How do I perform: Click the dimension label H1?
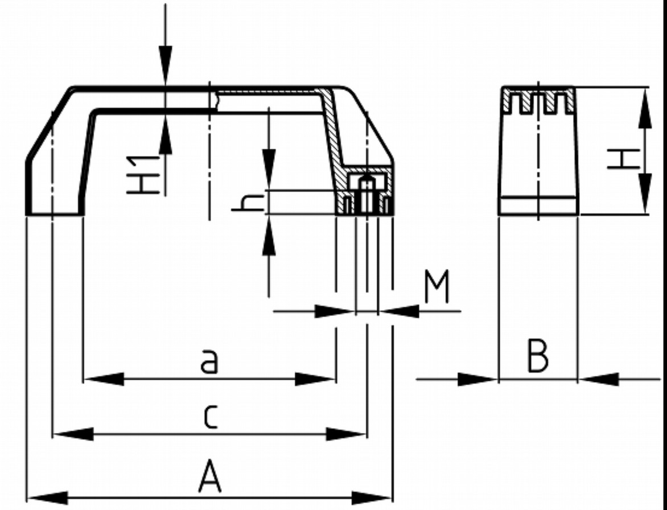[x=142, y=174]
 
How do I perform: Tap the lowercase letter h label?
[x=248, y=203]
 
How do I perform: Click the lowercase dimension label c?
[x=209, y=417]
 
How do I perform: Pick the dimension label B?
[x=538, y=356]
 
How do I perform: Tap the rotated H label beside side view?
[x=623, y=159]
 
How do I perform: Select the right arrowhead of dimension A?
[x=373, y=497]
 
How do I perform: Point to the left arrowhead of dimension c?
[x=72, y=434]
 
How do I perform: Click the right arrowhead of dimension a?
[x=314, y=379]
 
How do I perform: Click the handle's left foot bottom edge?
[x=55, y=215]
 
